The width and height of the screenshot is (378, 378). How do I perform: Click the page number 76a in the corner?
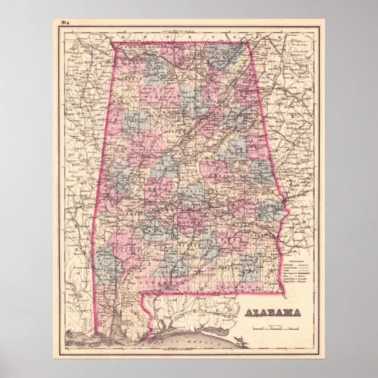pos(63,23)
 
